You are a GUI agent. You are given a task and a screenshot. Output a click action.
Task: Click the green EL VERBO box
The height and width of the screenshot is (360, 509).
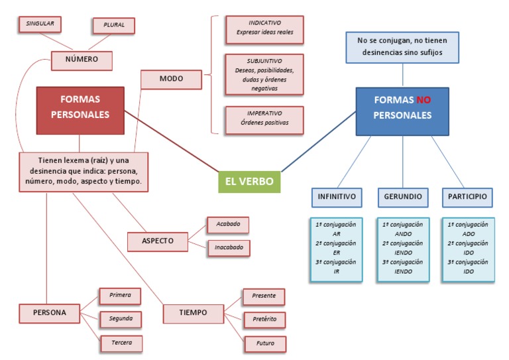click(x=249, y=181)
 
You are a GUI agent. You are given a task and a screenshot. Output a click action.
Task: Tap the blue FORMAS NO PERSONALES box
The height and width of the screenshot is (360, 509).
click(x=402, y=107)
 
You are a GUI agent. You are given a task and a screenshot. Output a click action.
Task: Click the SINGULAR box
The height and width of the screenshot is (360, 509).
click(x=40, y=24)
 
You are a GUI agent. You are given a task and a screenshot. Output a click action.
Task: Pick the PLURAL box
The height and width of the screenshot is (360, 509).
click(x=114, y=26)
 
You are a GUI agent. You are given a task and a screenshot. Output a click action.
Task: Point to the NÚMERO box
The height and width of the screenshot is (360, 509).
click(x=82, y=60)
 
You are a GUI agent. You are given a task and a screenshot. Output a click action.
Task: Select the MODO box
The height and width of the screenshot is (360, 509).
click(x=172, y=79)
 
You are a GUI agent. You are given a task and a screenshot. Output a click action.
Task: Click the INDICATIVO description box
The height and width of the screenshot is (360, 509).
click(x=264, y=27)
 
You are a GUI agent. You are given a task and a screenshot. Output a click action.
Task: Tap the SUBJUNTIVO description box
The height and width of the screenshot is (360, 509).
click(x=264, y=74)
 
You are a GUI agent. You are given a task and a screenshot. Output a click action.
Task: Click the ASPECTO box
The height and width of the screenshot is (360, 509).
click(x=157, y=241)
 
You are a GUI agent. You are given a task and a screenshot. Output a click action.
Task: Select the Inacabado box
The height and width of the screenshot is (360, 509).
click(x=229, y=248)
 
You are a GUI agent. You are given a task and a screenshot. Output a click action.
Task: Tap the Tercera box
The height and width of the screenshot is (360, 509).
click(x=120, y=343)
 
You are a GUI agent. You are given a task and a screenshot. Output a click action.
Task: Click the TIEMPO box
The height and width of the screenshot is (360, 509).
click(x=193, y=312)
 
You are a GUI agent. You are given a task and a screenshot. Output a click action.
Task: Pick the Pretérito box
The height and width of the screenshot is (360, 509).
click(x=264, y=320)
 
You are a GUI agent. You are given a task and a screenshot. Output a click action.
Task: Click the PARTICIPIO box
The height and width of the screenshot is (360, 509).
click(x=467, y=197)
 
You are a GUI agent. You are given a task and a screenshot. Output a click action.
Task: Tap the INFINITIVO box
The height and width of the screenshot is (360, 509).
click(x=337, y=197)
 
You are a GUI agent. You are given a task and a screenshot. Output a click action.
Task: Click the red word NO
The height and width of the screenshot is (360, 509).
click(x=424, y=101)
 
